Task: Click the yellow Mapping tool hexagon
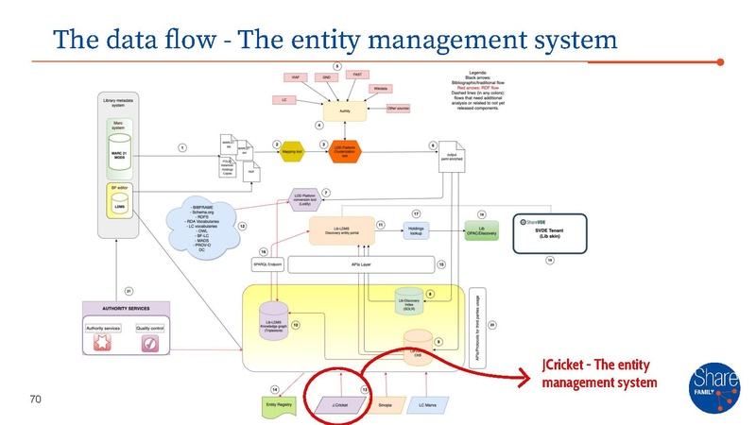(292, 149)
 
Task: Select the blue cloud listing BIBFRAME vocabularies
(200, 226)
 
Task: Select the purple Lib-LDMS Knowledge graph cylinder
(273, 323)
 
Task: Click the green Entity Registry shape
(279, 404)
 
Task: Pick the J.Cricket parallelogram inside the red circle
(334, 404)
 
